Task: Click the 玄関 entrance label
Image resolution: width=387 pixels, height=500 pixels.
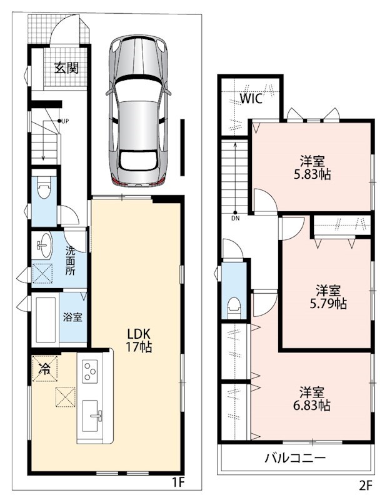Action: (66, 67)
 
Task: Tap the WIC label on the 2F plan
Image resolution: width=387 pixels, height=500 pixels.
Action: (251, 99)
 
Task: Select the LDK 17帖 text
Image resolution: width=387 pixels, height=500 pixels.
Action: (139, 340)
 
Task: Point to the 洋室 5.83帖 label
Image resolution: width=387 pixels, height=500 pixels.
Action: (312, 167)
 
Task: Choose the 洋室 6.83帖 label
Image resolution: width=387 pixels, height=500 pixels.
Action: (312, 399)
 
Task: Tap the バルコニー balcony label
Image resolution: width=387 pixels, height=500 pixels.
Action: (296, 458)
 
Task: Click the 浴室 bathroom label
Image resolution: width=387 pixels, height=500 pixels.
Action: (73, 317)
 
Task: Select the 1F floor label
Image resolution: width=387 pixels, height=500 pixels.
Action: (179, 482)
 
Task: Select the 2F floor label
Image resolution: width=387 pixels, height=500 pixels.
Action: (366, 486)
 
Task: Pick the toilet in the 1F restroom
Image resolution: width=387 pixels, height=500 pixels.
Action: (43, 188)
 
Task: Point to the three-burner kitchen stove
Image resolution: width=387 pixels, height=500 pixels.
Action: (90, 371)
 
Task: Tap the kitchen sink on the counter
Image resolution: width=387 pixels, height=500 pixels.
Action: (92, 416)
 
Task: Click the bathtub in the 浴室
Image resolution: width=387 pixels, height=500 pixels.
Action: (46, 320)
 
